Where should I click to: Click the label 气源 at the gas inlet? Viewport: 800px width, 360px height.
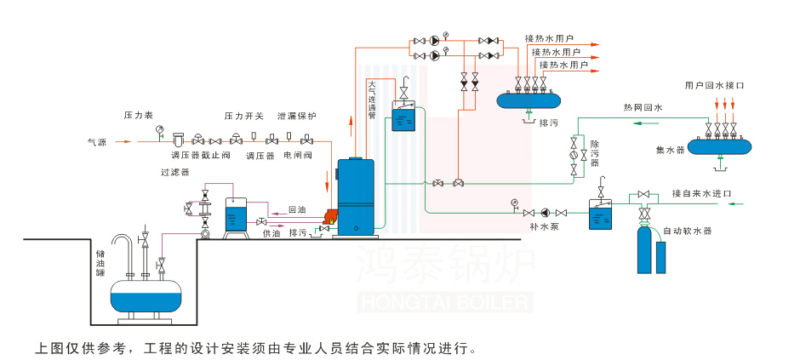click(97, 142)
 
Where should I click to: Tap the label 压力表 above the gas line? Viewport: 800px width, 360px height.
click(138, 114)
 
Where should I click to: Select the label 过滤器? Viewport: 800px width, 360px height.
click(174, 172)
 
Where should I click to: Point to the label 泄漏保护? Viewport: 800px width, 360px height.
click(296, 116)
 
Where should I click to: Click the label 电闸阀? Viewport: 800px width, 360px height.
click(298, 156)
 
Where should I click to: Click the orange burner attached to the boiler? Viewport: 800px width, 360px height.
click(328, 220)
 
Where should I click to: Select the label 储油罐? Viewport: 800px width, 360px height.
click(100, 263)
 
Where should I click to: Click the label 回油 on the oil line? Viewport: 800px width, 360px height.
click(297, 209)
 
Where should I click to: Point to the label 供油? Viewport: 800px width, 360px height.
click(271, 232)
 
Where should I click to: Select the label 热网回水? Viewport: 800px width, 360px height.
click(643, 108)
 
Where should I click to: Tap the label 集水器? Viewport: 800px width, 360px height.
click(670, 150)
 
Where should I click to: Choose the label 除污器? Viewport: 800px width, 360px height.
click(595, 154)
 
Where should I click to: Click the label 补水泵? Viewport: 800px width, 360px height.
click(543, 227)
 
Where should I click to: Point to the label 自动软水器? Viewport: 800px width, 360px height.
click(687, 231)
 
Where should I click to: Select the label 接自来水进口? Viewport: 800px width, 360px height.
click(701, 192)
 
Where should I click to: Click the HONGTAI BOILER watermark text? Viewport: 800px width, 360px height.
click(445, 301)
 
